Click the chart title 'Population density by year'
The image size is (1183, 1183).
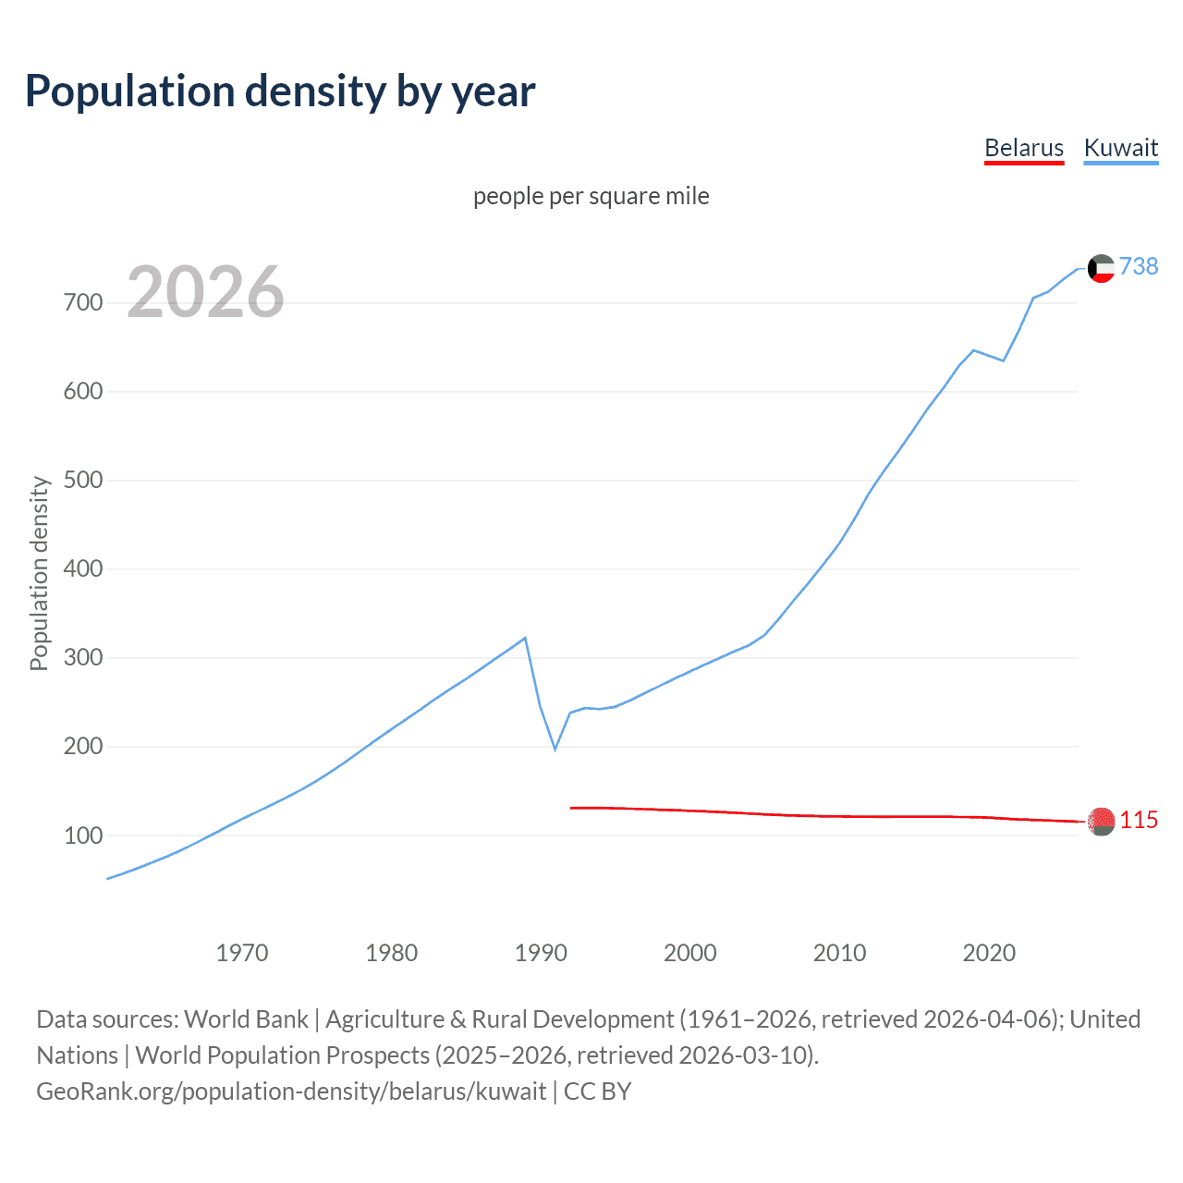280,91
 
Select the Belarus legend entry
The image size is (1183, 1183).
1024,148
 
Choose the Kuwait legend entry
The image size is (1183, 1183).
1120,148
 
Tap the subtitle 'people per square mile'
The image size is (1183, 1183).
591,196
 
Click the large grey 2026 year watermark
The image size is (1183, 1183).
205,292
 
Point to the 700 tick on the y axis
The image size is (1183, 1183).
82,303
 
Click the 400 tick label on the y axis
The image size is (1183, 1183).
82,569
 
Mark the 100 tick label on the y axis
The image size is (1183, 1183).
82,835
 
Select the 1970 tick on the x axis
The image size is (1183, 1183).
242,953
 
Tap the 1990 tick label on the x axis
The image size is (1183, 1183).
541,953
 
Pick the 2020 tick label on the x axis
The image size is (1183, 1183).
989,953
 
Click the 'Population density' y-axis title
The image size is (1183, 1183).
39,573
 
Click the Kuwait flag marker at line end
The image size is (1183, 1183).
1101,268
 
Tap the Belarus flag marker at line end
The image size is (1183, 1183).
1101,821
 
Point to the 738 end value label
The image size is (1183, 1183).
1139,266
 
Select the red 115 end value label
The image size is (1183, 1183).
1139,820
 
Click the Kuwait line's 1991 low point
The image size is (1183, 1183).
555,749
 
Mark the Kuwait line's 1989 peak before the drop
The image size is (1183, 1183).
525,638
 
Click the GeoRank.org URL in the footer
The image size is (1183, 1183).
291,1091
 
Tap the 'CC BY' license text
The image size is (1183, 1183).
597,1091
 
